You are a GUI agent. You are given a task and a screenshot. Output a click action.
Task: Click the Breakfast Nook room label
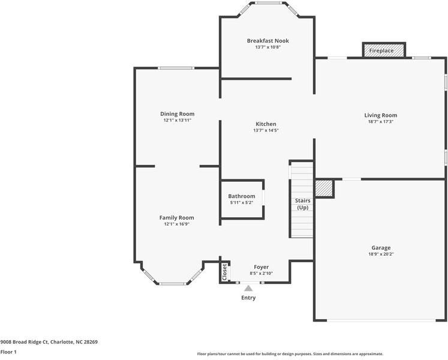[267, 41]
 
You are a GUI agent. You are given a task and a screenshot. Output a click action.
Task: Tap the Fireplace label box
[381, 51]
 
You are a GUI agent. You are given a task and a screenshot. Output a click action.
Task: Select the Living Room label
[381, 115]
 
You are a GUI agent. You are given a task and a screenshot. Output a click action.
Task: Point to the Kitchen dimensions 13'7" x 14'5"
[266, 130]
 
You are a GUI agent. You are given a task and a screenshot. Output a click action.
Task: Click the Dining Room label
[177, 114]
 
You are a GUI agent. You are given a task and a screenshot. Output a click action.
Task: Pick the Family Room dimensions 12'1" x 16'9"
[176, 224]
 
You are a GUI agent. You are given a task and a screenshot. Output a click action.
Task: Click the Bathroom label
[241, 196]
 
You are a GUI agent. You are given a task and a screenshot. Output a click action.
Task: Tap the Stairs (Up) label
[302, 204]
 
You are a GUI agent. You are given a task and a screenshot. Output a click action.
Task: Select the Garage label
[381, 248]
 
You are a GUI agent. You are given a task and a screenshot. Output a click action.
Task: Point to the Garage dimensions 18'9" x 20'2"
[381, 254]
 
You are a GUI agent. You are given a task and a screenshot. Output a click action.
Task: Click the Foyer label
[261, 267]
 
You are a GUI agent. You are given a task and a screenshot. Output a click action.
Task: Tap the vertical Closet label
[225, 272]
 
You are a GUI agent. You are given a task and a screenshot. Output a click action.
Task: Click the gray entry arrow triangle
[248, 289]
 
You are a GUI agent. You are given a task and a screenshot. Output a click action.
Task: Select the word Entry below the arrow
[248, 298]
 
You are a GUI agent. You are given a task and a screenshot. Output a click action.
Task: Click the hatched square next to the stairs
[324, 188]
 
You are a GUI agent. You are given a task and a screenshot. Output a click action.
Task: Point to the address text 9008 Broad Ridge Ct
[49, 342]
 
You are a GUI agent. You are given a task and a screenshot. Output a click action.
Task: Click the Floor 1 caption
[8, 352]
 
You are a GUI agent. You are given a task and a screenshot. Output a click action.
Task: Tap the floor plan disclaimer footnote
[290, 353]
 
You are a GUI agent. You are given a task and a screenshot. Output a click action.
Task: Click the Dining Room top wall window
[176, 68]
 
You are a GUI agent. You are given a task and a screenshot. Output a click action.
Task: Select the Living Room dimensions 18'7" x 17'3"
[381, 122]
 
